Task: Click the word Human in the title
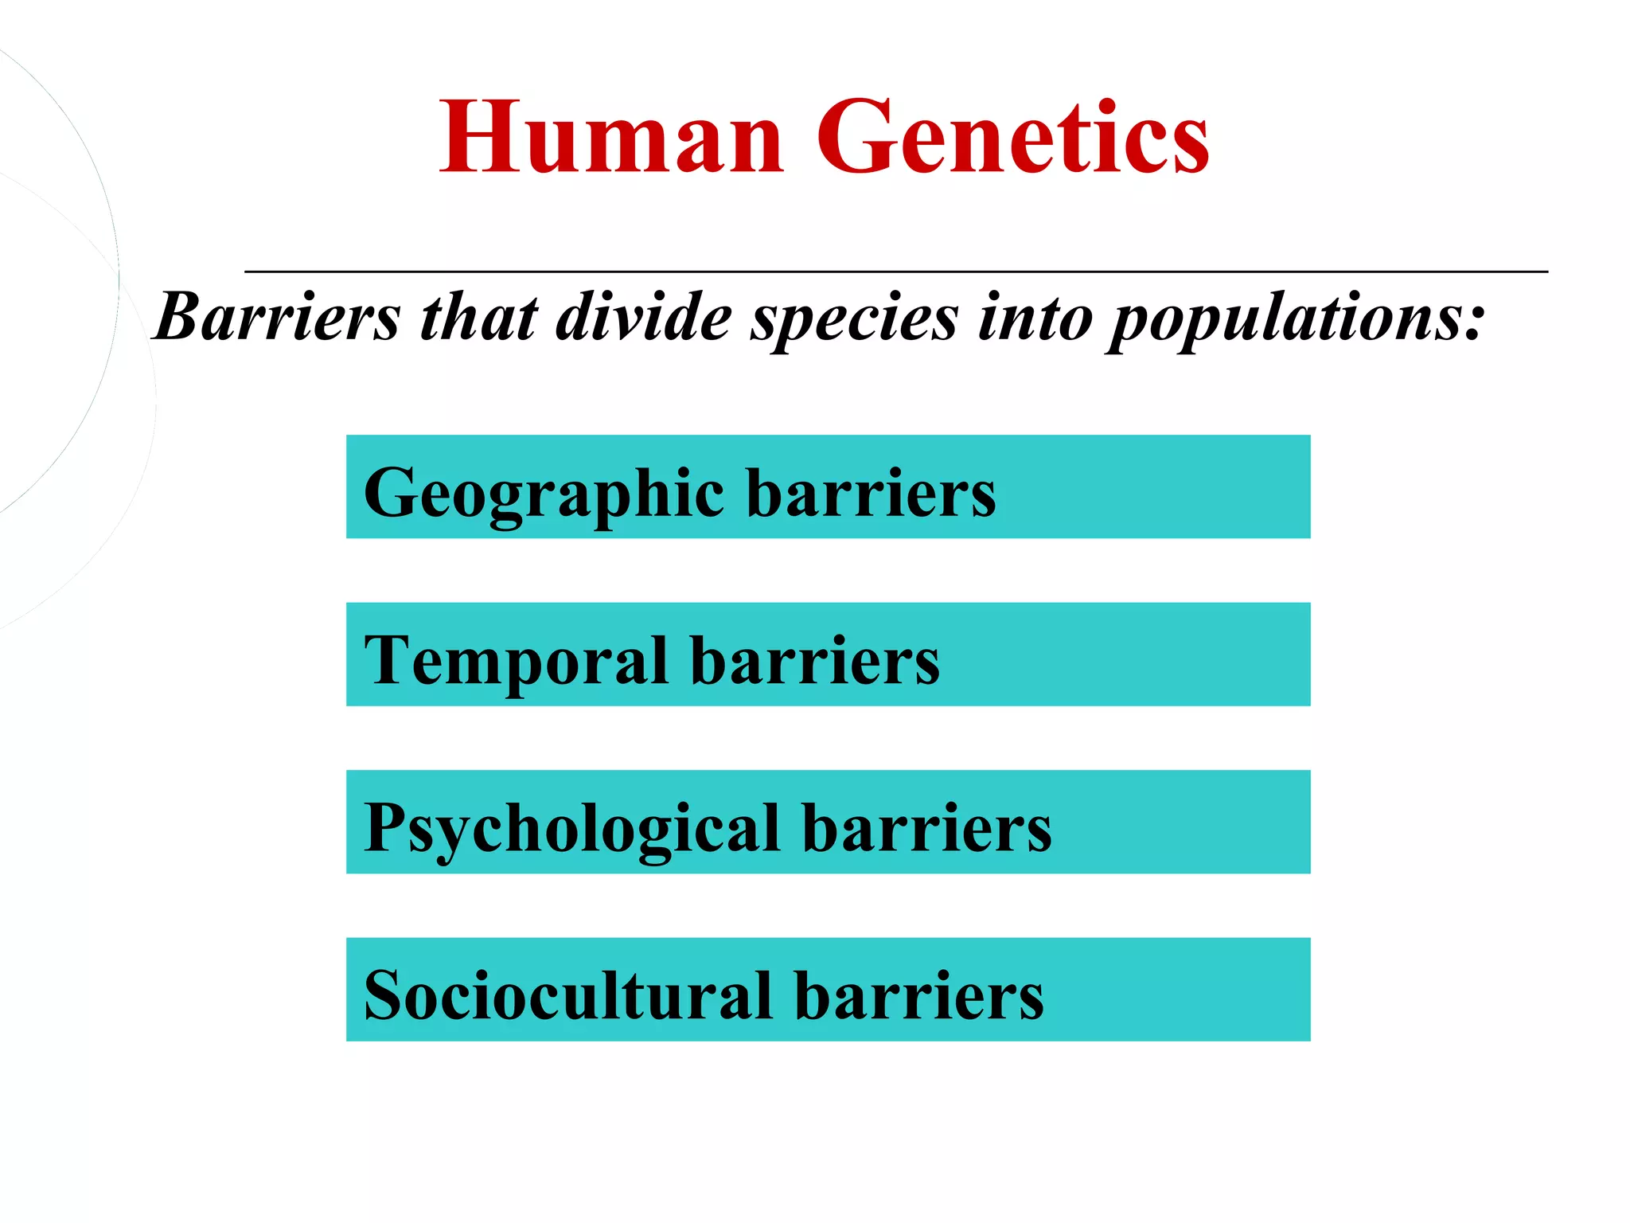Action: (611, 137)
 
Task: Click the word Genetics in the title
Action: (1012, 137)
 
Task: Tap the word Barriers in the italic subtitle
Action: (277, 317)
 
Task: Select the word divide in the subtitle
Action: (643, 317)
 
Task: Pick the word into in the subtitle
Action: (1035, 317)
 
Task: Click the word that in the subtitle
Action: (479, 317)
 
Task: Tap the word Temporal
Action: (515, 661)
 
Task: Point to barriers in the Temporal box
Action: (815, 661)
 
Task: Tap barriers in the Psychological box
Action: (927, 828)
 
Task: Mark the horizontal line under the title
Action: (896, 272)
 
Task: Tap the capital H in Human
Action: (480, 137)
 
